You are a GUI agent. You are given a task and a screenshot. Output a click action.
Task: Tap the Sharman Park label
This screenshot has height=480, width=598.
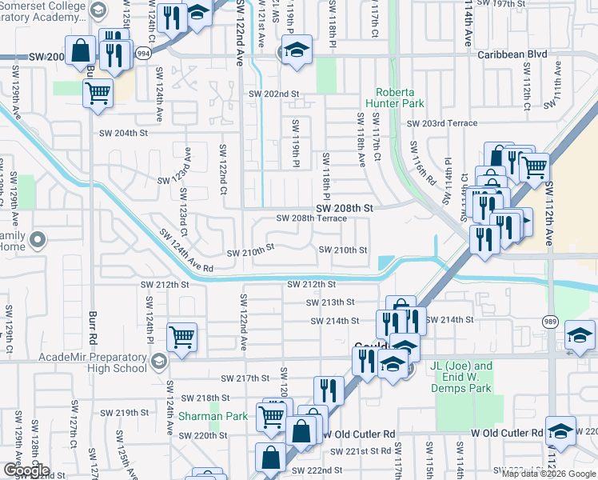[x=213, y=416]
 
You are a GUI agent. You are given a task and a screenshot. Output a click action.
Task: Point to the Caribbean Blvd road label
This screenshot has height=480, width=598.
[x=510, y=55]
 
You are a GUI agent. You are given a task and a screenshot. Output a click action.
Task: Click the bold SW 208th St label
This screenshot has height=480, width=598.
[x=344, y=207]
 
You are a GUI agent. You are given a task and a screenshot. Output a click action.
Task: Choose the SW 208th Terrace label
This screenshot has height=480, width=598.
[x=312, y=218]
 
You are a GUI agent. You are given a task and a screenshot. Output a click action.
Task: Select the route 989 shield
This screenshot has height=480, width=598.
[x=551, y=322]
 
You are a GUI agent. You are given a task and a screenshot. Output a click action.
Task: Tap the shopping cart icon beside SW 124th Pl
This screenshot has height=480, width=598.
[x=182, y=336]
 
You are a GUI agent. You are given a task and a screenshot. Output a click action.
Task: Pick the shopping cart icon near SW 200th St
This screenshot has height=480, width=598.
[x=98, y=93]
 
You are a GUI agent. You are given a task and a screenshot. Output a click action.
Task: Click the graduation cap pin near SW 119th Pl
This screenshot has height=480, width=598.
[x=295, y=50]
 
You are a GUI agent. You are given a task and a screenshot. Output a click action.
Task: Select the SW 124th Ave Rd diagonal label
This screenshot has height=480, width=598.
[x=186, y=250]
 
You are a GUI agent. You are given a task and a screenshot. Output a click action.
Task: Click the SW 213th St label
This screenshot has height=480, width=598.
[x=330, y=302]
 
